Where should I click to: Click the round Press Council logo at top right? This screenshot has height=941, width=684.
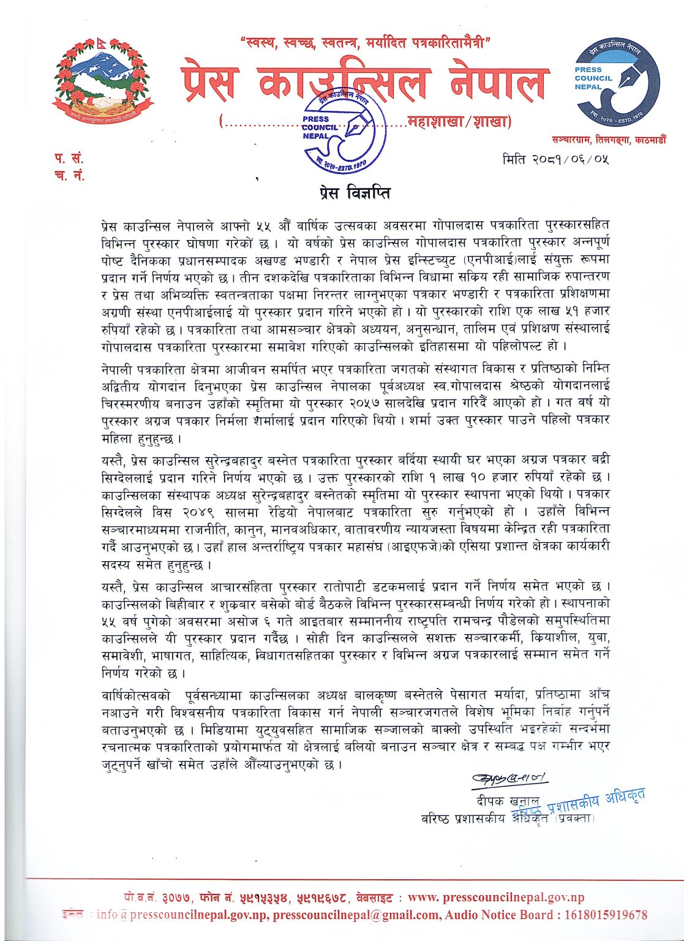pos(617,85)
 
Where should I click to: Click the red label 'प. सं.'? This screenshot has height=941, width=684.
pos(68,159)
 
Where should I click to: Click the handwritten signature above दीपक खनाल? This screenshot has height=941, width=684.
pos(509,779)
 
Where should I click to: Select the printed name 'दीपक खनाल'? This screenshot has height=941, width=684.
pos(508,801)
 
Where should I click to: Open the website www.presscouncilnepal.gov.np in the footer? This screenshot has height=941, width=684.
pos(496,898)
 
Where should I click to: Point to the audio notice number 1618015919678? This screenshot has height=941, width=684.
pos(602,915)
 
